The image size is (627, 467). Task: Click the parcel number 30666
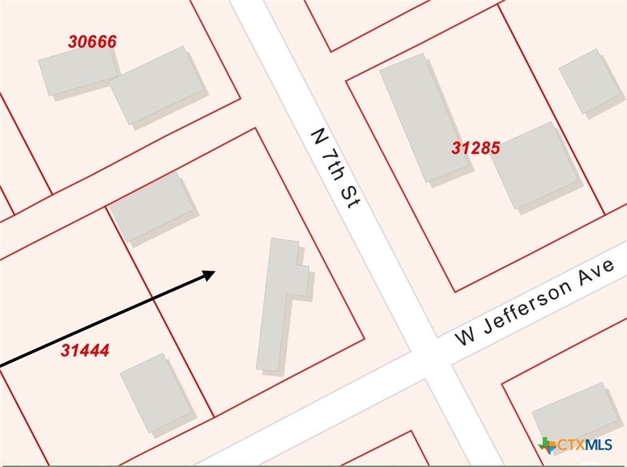[x=92, y=42]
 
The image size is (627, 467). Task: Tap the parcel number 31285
[x=476, y=147]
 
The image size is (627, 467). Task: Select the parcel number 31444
[x=85, y=350]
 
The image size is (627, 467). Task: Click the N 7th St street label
[x=334, y=168]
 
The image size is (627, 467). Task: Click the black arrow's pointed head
[x=210, y=274]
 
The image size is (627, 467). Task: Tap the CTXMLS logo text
[x=585, y=445]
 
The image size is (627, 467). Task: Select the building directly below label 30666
[x=78, y=71]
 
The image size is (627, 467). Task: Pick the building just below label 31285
[x=535, y=165]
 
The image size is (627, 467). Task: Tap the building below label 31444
[x=156, y=392]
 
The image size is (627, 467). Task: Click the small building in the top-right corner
[x=589, y=81]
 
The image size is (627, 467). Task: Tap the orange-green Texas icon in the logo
[x=548, y=446]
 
